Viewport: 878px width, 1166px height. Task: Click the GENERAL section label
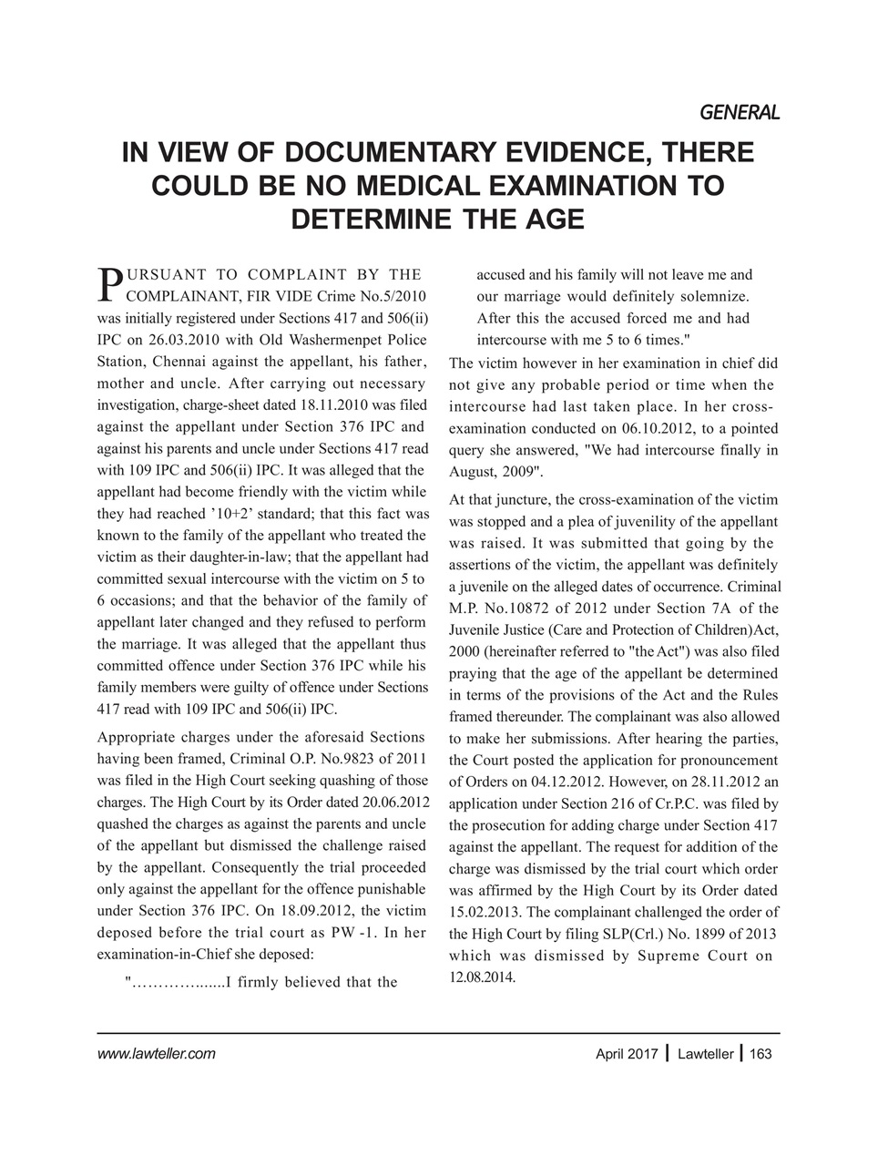click(x=740, y=113)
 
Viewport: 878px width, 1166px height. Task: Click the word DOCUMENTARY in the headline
click(x=392, y=152)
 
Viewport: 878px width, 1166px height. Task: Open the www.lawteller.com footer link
click(x=156, y=1054)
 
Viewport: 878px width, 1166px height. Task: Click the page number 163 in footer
click(x=761, y=1054)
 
